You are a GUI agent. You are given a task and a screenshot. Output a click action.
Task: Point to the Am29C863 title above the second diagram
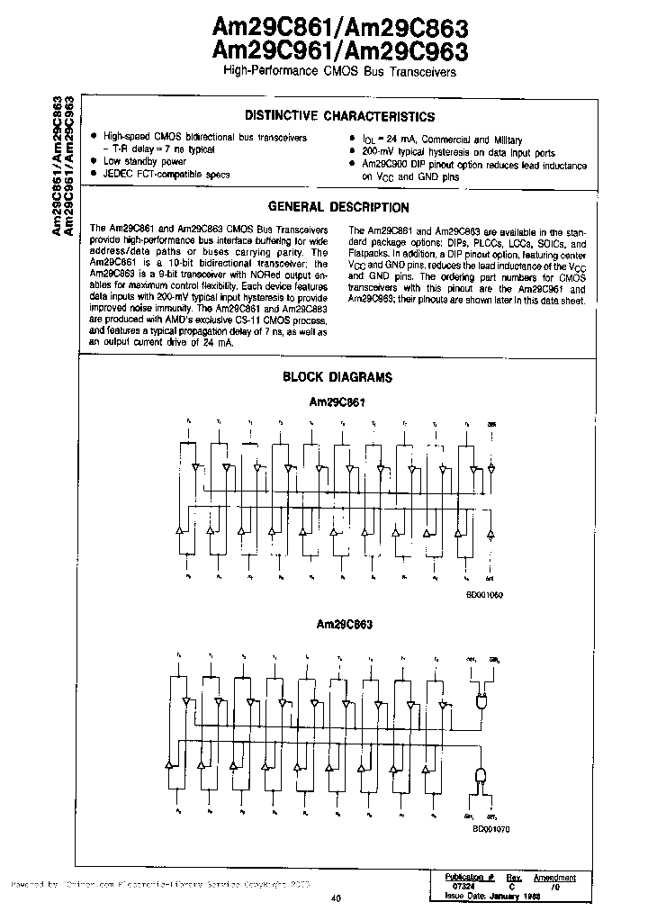[x=344, y=623]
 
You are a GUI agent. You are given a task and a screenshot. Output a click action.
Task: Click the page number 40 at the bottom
[x=336, y=897]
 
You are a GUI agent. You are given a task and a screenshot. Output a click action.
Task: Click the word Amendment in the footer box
[x=554, y=876]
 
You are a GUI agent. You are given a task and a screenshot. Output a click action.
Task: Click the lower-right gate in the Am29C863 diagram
[x=481, y=776]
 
